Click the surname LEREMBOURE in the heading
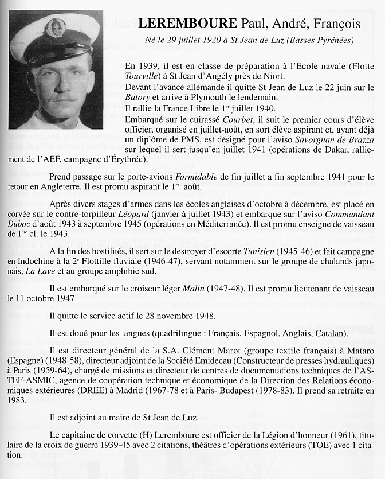tap(187, 24)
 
